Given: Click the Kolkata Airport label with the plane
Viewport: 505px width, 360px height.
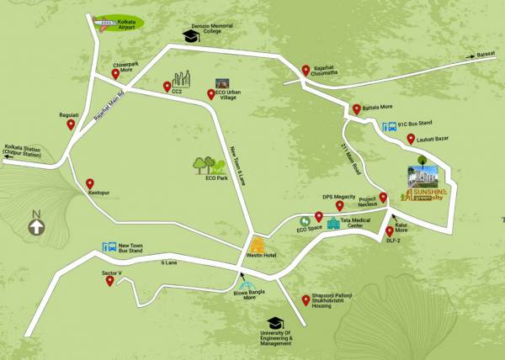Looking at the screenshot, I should (x=119, y=24).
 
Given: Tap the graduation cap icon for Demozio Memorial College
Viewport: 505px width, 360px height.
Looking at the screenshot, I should (x=189, y=34).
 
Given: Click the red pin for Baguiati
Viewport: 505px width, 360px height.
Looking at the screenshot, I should (x=71, y=124).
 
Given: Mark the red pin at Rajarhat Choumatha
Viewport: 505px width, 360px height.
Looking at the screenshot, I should (x=306, y=71).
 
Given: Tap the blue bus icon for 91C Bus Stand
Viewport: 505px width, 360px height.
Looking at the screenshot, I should (x=391, y=128).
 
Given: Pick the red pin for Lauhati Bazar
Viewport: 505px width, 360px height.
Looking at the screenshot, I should (x=411, y=140).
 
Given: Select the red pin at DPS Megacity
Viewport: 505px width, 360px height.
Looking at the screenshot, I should (x=339, y=205).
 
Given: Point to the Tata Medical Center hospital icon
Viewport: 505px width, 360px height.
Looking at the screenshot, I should (x=333, y=223).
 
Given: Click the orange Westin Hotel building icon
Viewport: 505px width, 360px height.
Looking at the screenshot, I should (x=257, y=245).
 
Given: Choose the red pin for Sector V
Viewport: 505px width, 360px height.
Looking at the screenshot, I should (x=109, y=281).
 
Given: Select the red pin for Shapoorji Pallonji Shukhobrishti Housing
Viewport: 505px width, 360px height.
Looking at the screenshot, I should (x=306, y=299).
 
